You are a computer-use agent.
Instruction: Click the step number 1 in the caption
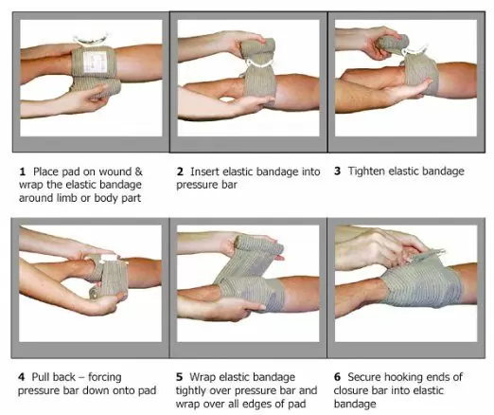22,171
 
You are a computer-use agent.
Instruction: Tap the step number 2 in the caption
180,171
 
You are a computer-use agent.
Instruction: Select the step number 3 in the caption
338,171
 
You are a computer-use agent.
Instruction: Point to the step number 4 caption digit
21,377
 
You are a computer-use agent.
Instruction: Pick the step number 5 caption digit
179,377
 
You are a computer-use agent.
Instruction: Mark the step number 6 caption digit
337,377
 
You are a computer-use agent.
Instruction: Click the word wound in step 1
115,171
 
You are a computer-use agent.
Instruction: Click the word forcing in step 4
105,377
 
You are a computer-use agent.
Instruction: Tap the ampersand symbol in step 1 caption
139,171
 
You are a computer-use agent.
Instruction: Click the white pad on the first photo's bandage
95,62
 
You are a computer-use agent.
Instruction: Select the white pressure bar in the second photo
259,64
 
